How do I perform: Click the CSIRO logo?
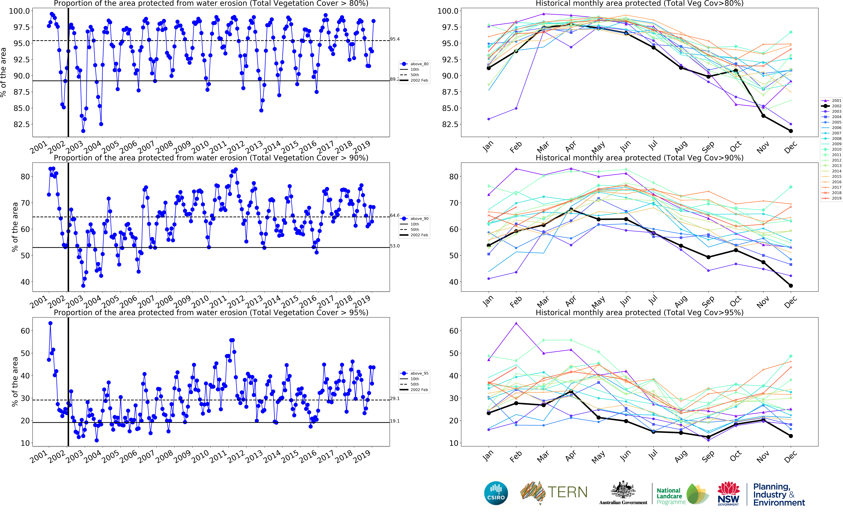tap(496, 493)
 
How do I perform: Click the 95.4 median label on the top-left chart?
tap(395, 39)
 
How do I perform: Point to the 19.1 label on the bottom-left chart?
tap(395, 421)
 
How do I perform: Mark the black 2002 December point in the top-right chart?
tap(791, 131)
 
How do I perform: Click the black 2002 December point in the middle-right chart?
tap(791, 286)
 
